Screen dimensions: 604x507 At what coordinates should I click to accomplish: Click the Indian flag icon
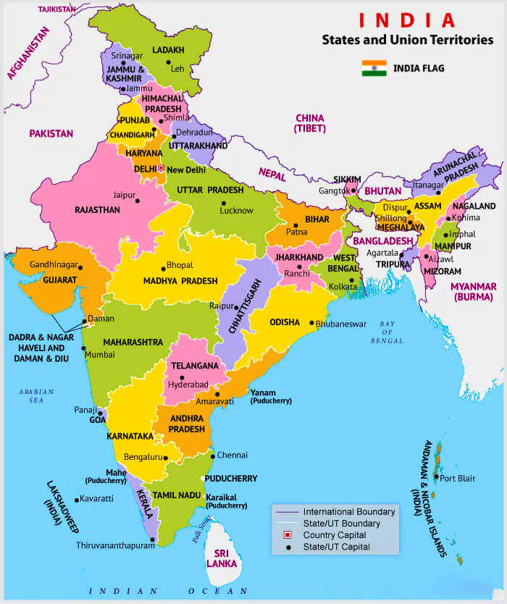pyautogui.click(x=374, y=69)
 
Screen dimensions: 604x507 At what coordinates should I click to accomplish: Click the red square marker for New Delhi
pyautogui.click(x=162, y=168)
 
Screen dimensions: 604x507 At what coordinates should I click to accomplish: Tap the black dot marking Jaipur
pyautogui.click(x=140, y=196)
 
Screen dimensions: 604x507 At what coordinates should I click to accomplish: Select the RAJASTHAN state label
pyautogui.click(x=97, y=210)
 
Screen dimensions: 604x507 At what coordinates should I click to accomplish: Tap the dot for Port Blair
pyautogui.click(x=435, y=478)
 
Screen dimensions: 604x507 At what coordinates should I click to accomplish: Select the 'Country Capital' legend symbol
pyautogui.click(x=288, y=535)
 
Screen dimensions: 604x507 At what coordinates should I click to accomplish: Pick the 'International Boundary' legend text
pyautogui.click(x=349, y=512)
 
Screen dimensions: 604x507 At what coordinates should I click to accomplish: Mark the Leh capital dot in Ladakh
pyautogui.click(x=168, y=63)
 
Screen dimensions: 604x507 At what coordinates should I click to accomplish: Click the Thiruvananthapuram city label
pyautogui.click(x=115, y=545)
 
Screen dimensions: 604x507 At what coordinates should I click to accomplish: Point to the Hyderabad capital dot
pyautogui.click(x=182, y=378)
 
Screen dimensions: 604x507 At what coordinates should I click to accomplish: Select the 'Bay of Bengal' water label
pyautogui.click(x=387, y=332)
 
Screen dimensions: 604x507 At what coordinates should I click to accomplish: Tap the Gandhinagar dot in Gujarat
pyautogui.click(x=80, y=267)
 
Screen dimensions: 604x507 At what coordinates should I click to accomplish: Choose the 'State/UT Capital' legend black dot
pyautogui.click(x=288, y=547)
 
